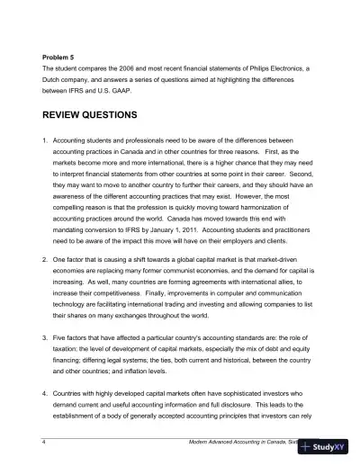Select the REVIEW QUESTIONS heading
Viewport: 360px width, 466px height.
[102, 116]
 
